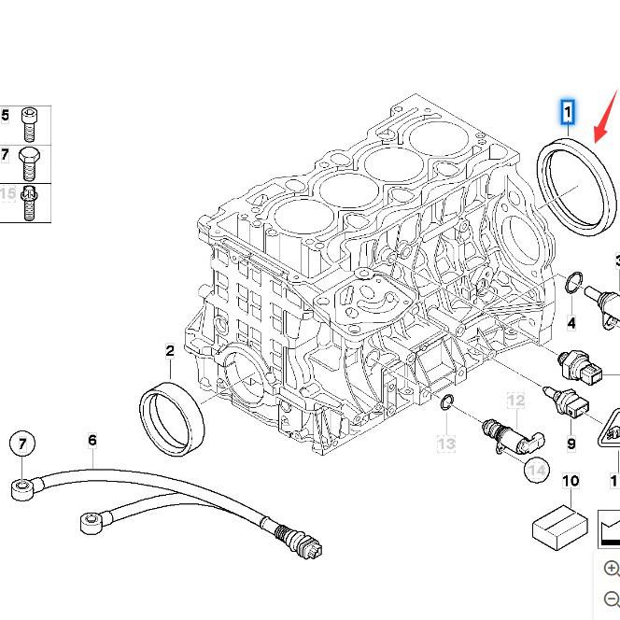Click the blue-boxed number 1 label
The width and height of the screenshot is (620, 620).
pos(567,114)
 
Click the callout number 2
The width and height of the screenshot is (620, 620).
pos(170,352)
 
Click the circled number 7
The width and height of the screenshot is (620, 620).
pos(22,443)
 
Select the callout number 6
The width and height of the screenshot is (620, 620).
pos(92,441)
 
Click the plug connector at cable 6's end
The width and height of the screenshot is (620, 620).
pos(303,542)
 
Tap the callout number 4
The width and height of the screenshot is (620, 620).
pos(571,324)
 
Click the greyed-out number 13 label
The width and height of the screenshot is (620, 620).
pos(446,444)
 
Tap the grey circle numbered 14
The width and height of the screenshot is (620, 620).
pos(536,471)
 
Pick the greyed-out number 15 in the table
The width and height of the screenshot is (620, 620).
pos(7,194)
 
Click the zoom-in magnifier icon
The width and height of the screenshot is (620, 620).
pos(612,569)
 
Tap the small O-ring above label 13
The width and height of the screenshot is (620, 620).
pos(447,403)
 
